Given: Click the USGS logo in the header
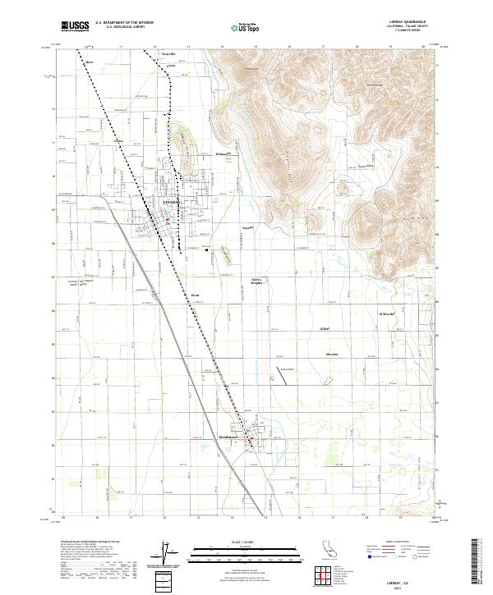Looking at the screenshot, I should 76,26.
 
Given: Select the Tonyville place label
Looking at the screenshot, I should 168,54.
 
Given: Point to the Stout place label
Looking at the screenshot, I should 195,293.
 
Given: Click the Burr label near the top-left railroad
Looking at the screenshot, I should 90,60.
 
